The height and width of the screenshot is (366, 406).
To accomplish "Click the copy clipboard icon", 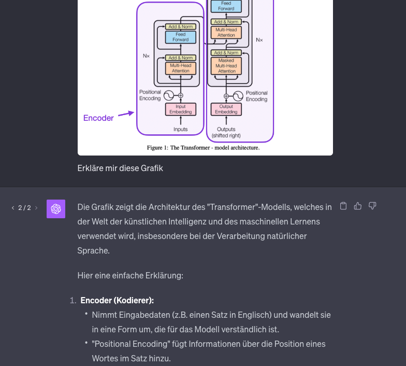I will [343, 206].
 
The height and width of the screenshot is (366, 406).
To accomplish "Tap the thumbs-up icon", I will [357, 206].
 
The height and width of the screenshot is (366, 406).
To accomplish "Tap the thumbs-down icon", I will [372, 206].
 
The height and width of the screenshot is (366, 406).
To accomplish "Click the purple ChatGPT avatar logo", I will [56, 208].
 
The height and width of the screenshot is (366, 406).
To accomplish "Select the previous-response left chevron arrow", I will [13, 208].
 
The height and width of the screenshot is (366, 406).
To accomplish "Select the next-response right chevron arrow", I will [36, 208].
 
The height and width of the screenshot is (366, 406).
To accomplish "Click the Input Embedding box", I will [180, 109].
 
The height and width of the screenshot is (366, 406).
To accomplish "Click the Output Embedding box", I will [226, 109].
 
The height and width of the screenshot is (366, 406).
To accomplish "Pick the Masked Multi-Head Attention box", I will [226, 66].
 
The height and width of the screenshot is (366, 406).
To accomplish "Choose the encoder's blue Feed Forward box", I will [180, 37].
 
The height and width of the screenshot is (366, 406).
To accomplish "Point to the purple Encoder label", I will [98, 118].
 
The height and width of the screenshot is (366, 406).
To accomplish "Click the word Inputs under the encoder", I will [180, 129].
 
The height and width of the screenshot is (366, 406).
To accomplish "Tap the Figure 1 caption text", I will [203, 148].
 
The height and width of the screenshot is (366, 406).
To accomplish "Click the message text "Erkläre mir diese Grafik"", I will [120, 168].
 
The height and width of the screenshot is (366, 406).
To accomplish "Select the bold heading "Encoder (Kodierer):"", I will [117, 301].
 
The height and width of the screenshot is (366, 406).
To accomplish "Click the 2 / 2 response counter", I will [24, 208].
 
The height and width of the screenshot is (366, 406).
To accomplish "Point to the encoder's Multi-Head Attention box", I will [180, 68].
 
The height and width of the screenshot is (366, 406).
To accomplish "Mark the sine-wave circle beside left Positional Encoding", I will [169, 95].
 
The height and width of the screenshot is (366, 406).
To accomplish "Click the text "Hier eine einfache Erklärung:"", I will [130, 275].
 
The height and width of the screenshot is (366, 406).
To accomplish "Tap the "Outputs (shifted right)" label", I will [226, 132].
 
